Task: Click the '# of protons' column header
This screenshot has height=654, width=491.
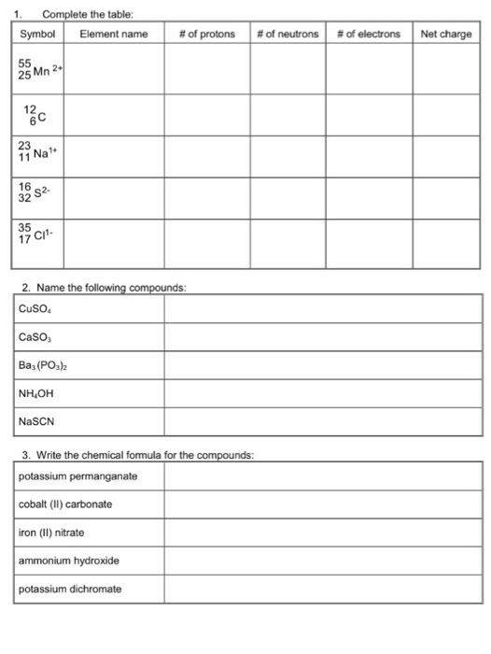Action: (206, 34)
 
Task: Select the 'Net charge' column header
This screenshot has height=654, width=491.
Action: (446, 34)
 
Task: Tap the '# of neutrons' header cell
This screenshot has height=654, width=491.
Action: (288, 34)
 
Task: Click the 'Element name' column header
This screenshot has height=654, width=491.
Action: (114, 34)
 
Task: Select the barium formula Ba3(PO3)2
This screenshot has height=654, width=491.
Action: (43, 365)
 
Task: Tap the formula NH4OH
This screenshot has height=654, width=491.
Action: (36, 393)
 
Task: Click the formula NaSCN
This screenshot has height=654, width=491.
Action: (36, 421)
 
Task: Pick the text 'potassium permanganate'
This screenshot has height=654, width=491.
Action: (77, 476)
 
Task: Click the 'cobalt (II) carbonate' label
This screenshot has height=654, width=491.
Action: (65, 505)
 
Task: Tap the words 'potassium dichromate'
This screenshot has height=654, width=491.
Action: (70, 589)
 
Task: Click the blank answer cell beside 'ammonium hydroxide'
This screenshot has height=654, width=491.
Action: (323, 561)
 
